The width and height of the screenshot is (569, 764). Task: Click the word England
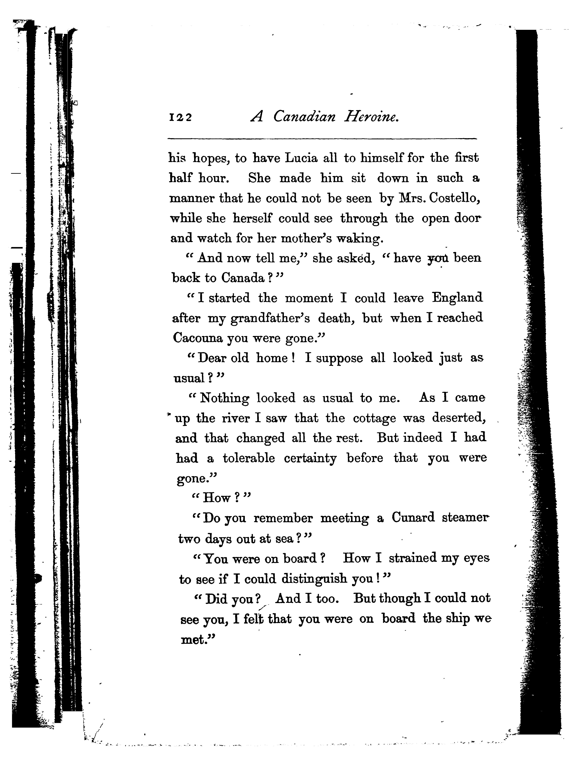pos(457,298)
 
